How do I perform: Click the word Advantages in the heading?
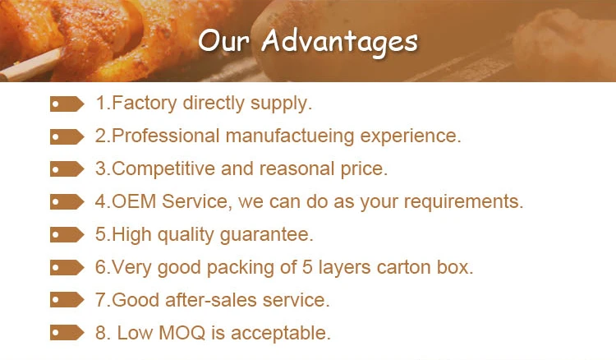(339, 42)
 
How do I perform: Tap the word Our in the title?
(223, 40)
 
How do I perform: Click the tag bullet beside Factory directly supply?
(67, 104)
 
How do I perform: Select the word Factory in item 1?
(145, 104)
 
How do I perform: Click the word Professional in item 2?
(165, 136)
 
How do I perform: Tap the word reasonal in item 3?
(297, 169)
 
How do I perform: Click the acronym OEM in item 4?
(134, 201)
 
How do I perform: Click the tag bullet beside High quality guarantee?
(67, 235)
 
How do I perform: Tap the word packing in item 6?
(241, 268)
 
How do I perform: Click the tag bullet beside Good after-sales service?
(67, 300)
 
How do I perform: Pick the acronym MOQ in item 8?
(182, 333)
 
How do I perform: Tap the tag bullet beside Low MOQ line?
(67, 333)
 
